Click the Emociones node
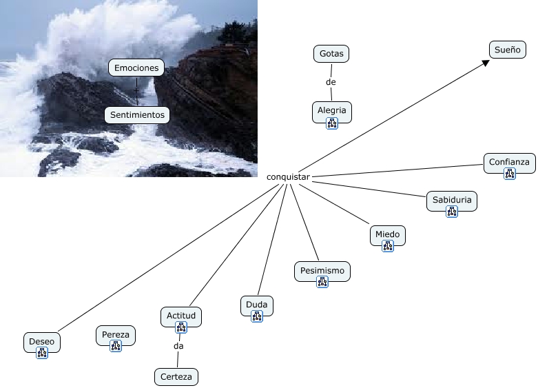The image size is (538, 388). (136, 68)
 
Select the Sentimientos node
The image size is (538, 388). (137, 114)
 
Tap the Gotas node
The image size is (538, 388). (331, 54)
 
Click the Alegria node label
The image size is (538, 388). (332, 110)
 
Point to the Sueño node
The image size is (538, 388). (509, 50)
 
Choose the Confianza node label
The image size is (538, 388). (509, 163)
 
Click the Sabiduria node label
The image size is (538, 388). (452, 200)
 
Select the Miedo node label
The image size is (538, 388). (387, 234)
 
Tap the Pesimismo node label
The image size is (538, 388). (322, 270)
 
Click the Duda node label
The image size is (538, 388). (257, 305)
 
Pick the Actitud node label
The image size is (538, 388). (181, 316)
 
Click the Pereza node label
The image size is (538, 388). (116, 334)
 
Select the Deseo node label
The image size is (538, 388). (42, 341)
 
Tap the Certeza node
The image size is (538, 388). (176, 376)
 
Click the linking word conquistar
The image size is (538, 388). (288, 177)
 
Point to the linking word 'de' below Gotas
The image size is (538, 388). (331, 82)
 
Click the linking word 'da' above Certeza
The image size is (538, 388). (178, 345)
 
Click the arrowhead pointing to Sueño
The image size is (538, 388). (486, 63)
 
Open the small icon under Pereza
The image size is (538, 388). (116, 346)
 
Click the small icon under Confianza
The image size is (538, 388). (510, 174)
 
